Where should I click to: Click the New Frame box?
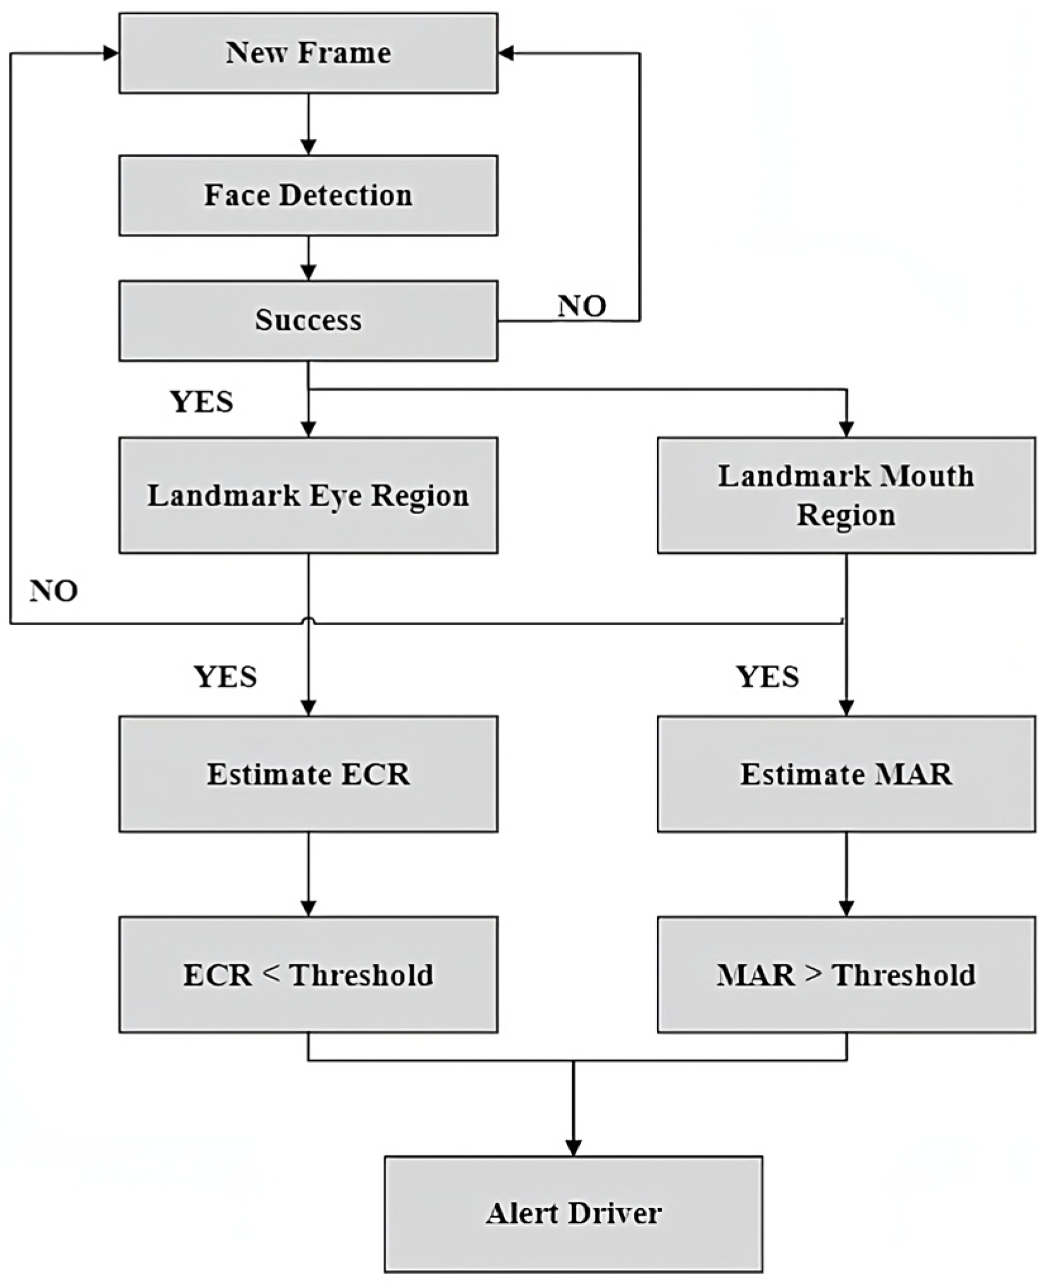tap(308, 53)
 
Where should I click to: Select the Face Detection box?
tap(308, 195)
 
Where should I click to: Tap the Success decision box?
tap(308, 321)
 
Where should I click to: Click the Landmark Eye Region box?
tap(308, 495)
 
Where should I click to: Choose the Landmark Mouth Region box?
tap(846, 495)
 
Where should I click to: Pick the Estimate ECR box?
tap(308, 774)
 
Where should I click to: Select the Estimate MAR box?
tap(846, 774)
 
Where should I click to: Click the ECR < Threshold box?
tap(308, 974)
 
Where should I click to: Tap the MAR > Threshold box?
tap(846, 974)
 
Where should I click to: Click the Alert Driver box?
tap(573, 1213)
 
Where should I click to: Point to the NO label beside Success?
tap(582, 306)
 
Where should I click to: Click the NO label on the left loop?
tap(54, 591)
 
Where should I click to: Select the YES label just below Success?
tap(202, 402)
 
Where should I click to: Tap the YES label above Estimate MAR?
tap(767, 677)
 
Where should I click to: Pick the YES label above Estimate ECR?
tap(225, 677)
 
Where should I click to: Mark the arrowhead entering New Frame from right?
tap(506, 54)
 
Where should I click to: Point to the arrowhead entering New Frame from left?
tap(111, 54)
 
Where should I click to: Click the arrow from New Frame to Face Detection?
tap(308, 124)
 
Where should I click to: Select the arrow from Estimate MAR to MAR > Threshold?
tap(846, 873)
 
